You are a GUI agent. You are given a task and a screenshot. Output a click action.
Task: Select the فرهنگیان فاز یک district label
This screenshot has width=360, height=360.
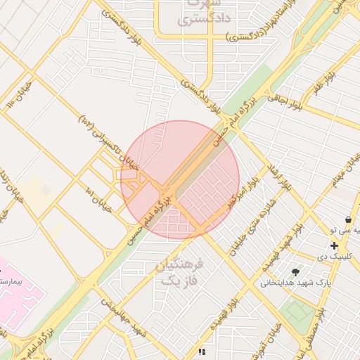click(x=181, y=272)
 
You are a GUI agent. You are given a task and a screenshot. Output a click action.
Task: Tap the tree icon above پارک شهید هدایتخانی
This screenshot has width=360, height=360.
click(x=295, y=271)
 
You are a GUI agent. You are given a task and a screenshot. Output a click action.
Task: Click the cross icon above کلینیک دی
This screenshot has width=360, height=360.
click(x=334, y=245)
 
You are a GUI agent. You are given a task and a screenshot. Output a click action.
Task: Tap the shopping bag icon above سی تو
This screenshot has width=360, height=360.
click(x=348, y=220)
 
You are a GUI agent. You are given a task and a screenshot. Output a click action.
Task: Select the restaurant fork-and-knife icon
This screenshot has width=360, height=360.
click(x=202, y=351)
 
